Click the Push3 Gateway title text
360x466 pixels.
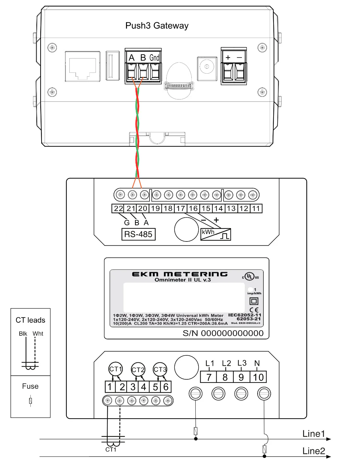(157, 26)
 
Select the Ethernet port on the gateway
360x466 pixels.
(82, 66)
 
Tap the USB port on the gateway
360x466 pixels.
(113, 65)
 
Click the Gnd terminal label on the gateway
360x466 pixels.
(154, 58)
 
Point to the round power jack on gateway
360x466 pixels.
(207, 67)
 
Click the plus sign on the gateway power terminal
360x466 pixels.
(228, 57)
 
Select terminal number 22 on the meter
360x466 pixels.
(118, 208)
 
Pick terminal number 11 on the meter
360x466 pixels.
(256, 208)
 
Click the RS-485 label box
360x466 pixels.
(138, 234)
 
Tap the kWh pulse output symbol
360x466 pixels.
(215, 234)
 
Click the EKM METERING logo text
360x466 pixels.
(180, 274)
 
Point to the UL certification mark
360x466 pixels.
(250, 277)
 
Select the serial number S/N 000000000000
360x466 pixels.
(223, 333)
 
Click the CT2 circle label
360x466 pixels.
(138, 369)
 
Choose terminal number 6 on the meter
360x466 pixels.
(166, 387)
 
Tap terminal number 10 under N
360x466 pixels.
(258, 377)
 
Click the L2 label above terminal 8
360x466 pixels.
(226, 363)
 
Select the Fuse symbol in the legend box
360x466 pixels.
(30, 401)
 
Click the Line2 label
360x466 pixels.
(313, 451)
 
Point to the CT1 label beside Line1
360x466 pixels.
(111, 450)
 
